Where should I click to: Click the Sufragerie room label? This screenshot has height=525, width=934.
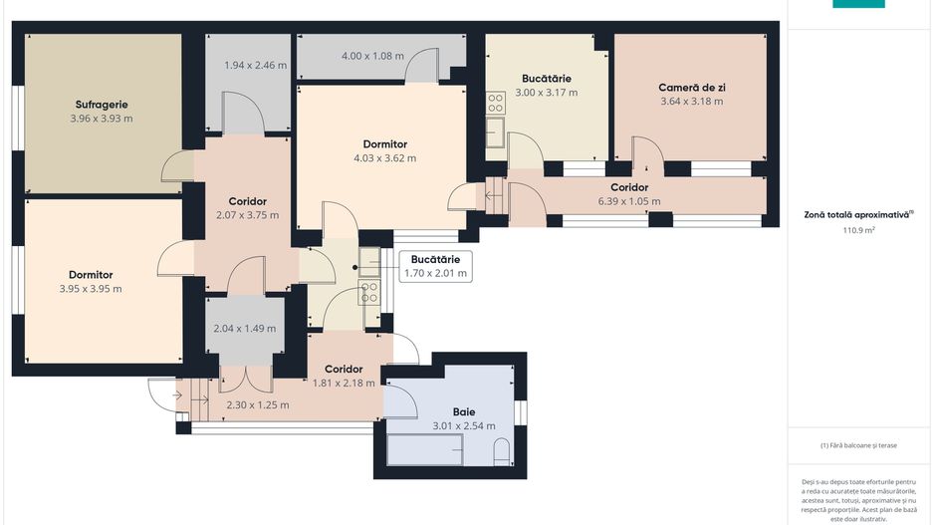click(102, 105)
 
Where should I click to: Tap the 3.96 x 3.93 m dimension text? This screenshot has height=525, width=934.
click(102, 118)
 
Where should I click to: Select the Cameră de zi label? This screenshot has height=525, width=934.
click(692, 87)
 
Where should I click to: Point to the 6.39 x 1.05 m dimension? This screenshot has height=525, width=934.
click(629, 201)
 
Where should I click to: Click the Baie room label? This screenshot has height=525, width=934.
click(464, 411)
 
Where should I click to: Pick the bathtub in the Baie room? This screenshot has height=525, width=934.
click(425, 449)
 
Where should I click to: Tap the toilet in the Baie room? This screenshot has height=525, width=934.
click(502, 452)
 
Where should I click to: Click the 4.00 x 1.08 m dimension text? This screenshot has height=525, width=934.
click(372, 56)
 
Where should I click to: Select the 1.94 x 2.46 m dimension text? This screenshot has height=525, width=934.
click(256, 65)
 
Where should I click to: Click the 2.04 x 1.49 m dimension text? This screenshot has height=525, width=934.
click(245, 329)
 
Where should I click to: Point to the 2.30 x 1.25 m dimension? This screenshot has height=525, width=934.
click(258, 405)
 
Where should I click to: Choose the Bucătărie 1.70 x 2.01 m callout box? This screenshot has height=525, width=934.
click(435, 266)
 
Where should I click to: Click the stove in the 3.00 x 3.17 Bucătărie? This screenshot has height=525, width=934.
click(496, 103)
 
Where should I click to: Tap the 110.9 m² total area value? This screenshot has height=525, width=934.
click(858, 230)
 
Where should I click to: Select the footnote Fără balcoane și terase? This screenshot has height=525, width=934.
click(858, 445)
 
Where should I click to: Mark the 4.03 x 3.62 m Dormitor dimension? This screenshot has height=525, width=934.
click(384, 158)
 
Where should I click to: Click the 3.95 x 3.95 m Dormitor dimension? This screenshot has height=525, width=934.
click(91, 289)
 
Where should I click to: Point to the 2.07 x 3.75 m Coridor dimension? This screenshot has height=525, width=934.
click(247, 215)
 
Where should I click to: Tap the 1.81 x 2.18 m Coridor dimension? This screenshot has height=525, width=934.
click(344, 384)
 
